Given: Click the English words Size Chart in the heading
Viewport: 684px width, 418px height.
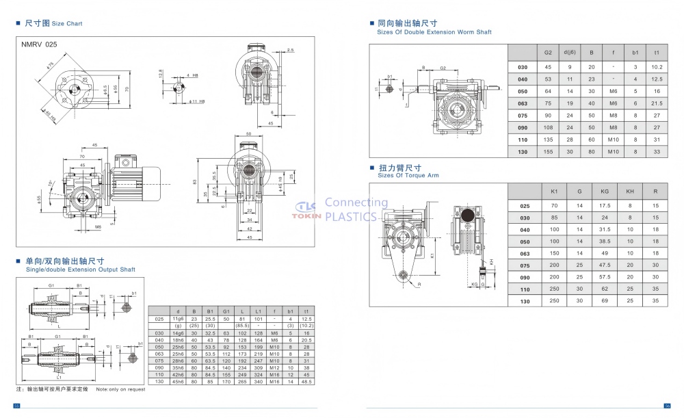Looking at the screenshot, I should (x=67, y=24).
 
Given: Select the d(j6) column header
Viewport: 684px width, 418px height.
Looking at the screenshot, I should (x=568, y=53).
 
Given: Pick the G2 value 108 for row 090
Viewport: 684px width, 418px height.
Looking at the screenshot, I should (x=548, y=127).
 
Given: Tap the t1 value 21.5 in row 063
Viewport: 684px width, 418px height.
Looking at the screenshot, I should (x=657, y=103).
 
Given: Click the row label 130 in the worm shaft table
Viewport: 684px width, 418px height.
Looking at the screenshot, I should (x=523, y=151).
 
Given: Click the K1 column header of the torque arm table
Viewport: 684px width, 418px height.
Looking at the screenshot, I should (x=554, y=192).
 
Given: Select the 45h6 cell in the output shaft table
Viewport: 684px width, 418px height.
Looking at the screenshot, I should (x=178, y=381).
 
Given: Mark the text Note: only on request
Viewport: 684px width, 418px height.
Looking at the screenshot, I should (x=120, y=389).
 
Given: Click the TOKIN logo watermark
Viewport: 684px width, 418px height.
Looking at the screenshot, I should (x=306, y=209).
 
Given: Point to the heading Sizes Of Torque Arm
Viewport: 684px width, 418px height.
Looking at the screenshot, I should (x=408, y=176).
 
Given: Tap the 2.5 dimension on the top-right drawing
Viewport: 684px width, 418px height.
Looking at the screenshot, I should (x=291, y=50).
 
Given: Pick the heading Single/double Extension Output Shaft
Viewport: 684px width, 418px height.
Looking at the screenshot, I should (x=80, y=270).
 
